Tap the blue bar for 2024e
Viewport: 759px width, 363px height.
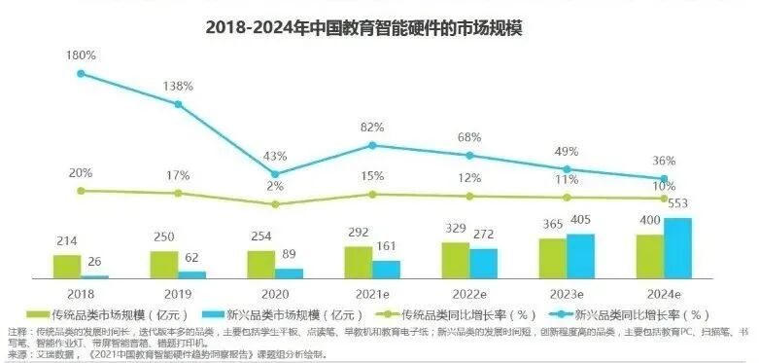coord(677,248)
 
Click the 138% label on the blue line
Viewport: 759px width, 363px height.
coord(177,87)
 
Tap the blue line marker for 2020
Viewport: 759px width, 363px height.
coord(275,174)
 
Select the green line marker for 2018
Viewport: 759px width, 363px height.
coord(81,191)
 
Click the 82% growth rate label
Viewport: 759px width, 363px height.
coord(371,127)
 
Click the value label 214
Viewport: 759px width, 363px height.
coord(67,240)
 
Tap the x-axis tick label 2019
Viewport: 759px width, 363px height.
coord(178,291)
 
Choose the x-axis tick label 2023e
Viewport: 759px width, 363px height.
coord(567,291)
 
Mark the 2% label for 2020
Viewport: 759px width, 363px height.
coord(275,186)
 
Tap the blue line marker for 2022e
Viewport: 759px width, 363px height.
coord(469,155)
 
